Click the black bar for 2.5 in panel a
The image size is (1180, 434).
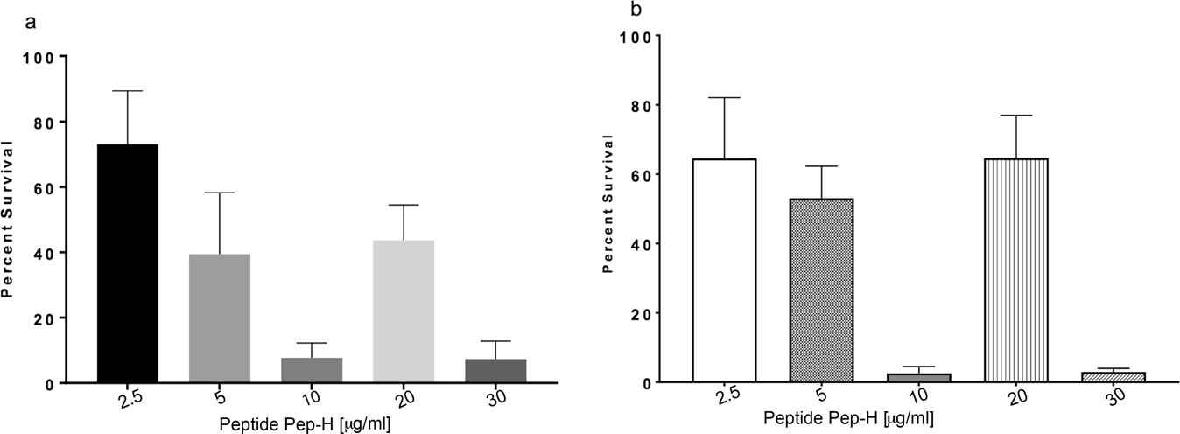(x=128, y=263)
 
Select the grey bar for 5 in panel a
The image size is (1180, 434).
(x=221, y=318)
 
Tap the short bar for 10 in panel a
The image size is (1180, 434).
(x=313, y=370)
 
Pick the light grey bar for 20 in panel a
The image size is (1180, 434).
(x=404, y=311)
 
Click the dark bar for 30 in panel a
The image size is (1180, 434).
(x=496, y=371)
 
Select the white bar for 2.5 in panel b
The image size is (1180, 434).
(x=725, y=270)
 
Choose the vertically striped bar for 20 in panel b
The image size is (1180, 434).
(x=1017, y=270)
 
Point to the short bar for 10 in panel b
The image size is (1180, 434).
(x=919, y=378)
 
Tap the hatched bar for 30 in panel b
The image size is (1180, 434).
(x=1114, y=377)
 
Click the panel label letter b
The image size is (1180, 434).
(x=623, y=10)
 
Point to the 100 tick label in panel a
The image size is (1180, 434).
(x=39, y=57)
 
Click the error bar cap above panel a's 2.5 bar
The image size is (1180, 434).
(x=128, y=91)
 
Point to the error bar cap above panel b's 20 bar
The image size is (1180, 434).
(x=1017, y=115)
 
